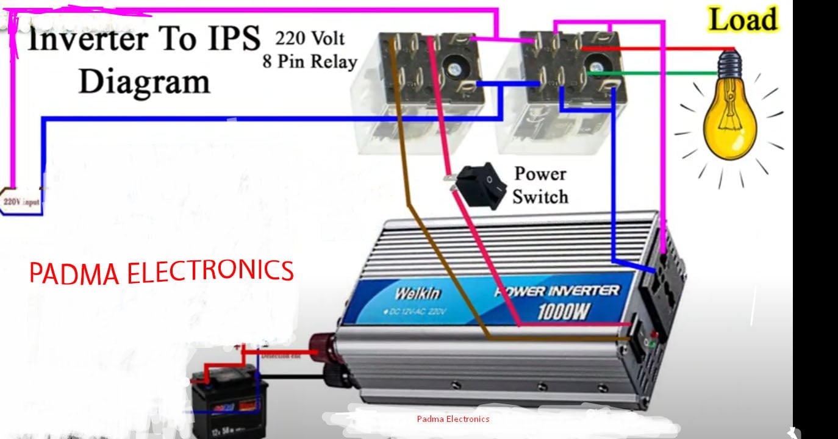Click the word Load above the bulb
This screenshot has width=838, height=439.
(743, 20)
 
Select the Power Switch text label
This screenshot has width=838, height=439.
(540, 185)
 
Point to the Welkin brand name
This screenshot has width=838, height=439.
(417, 293)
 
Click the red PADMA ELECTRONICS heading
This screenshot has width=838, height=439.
(162, 273)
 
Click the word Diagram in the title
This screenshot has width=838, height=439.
(144, 81)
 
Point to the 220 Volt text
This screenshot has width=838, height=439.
(310, 39)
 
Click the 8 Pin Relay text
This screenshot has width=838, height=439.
(310, 61)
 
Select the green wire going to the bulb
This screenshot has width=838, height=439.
(659, 73)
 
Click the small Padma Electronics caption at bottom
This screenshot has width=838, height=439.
(453, 419)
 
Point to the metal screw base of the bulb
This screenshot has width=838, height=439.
(729, 63)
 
